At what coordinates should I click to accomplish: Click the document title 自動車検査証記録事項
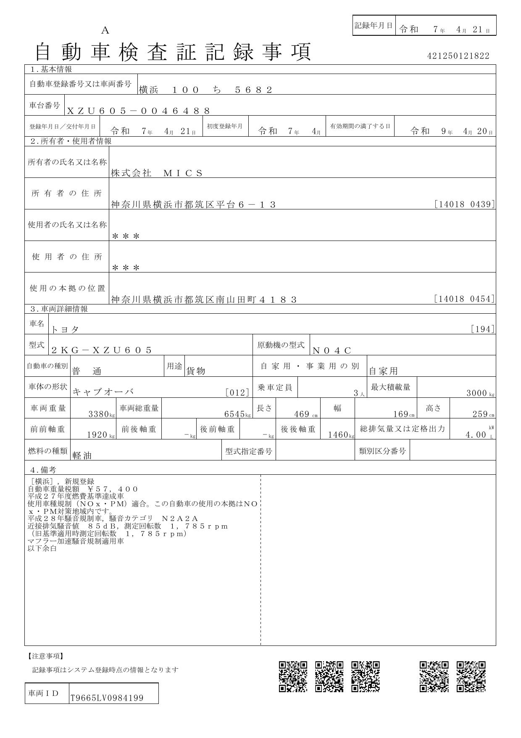tap(173, 52)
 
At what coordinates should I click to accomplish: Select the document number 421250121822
tap(458, 56)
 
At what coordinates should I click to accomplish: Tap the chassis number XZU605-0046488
tap(138, 111)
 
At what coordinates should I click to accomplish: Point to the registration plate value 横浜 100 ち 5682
tap(206, 90)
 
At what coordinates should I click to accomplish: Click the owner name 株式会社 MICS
tap(157, 173)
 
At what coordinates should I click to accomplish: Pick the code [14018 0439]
tap(464, 204)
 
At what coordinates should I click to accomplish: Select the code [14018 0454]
tap(464, 299)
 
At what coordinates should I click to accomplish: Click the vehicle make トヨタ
tap(65, 330)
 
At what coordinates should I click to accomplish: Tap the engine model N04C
tap(332, 350)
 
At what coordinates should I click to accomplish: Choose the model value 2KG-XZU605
tap(101, 350)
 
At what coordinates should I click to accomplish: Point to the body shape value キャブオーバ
tap(103, 392)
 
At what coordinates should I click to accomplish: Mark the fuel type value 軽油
tap(82, 455)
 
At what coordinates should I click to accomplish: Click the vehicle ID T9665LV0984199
tap(107, 698)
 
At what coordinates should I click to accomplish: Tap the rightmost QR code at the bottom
tap(471, 677)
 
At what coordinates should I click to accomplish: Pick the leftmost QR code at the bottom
tap(293, 677)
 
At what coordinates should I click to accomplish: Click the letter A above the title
tap(105, 30)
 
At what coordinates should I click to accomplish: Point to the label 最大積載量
tap(390, 387)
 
